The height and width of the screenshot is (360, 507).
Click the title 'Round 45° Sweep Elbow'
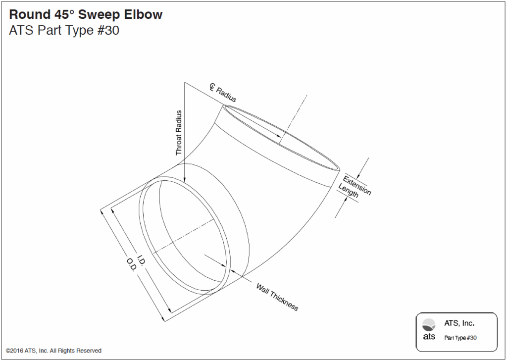86,15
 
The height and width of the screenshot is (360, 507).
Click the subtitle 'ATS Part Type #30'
64,31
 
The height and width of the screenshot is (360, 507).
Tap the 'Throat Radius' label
179,133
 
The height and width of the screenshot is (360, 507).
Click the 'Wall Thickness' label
277,297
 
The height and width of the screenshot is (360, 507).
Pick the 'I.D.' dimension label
141,261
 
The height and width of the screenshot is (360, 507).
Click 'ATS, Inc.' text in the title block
459,323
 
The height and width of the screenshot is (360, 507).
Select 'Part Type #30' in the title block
460,338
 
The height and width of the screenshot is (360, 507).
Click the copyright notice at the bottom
54,351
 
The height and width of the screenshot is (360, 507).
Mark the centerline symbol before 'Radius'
212,88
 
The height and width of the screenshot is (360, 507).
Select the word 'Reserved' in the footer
89,351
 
